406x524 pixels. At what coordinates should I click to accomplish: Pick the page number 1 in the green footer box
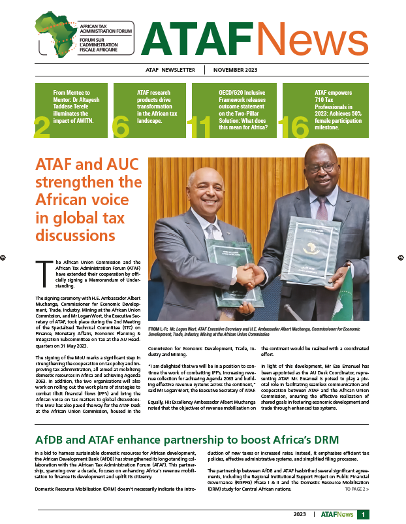363,515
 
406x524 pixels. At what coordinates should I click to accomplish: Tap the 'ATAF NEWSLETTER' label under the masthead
170,71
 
